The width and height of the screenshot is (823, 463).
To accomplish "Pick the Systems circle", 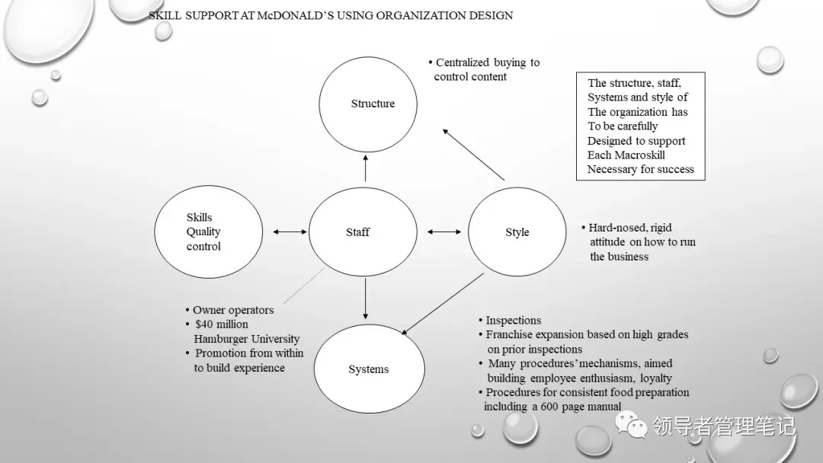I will pyautogui.click(x=368, y=369).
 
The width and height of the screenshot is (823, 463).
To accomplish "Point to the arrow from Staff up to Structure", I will pyautogui.click(x=366, y=168).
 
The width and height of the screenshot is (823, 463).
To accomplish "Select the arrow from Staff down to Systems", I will pyautogui.click(x=366, y=299).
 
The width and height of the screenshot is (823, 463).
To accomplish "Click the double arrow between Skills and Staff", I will pyautogui.click(x=289, y=232).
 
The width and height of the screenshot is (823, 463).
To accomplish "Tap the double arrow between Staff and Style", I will pyautogui.click(x=444, y=232).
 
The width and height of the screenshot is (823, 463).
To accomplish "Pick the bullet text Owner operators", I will pyautogui.click(x=232, y=310).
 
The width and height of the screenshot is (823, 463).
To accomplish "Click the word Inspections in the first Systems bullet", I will pyautogui.click(x=513, y=321).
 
